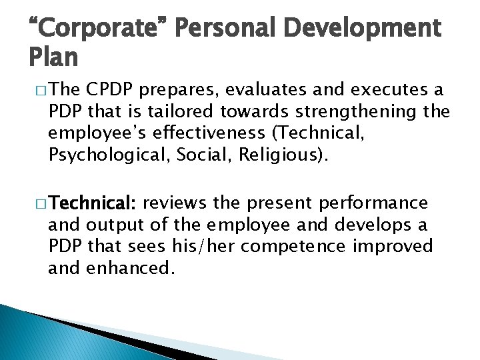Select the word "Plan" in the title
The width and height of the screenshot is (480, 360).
[x=53, y=59]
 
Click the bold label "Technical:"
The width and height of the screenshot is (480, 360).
[x=95, y=202]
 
